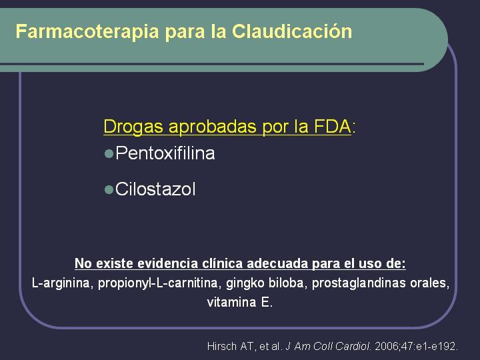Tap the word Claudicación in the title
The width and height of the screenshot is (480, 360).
[292, 31]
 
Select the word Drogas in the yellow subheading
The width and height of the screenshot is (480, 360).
[133, 127]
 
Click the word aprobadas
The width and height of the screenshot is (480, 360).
[213, 127]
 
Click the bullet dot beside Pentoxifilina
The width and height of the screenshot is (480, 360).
[109, 153]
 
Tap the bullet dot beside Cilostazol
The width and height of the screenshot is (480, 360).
[109, 189]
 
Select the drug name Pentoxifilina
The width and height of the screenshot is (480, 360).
[165, 153]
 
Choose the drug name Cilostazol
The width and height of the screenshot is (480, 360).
[155, 189]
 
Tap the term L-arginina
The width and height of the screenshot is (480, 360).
[61, 283]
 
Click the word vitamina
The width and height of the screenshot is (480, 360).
[232, 303]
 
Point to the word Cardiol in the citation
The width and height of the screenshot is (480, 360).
[353, 346]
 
